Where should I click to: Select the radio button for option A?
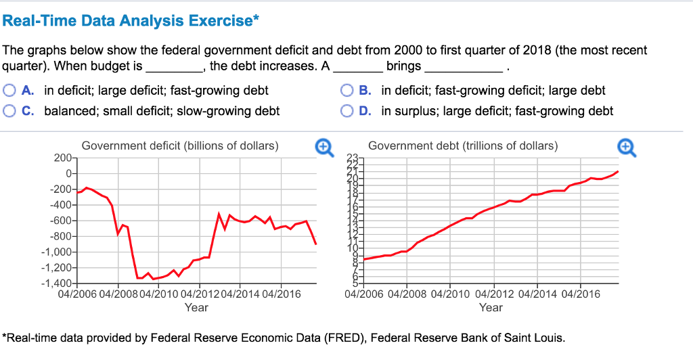tap(8, 91)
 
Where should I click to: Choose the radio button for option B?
tap(346, 91)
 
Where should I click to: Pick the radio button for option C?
tap(8, 111)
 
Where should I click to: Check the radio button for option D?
tap(346, 111)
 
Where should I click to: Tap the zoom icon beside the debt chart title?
tap(626, 146)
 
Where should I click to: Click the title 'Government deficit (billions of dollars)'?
tap(180, 145)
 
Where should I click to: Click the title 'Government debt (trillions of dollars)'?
tap(464, 145)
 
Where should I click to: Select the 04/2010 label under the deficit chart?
tap(159, 294)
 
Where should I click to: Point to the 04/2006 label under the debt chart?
tap(364, 294)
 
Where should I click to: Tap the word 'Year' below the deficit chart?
tap(196, 307)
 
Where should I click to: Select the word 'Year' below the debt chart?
tap(491, 307)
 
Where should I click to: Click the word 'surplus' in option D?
tap(412, 111)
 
